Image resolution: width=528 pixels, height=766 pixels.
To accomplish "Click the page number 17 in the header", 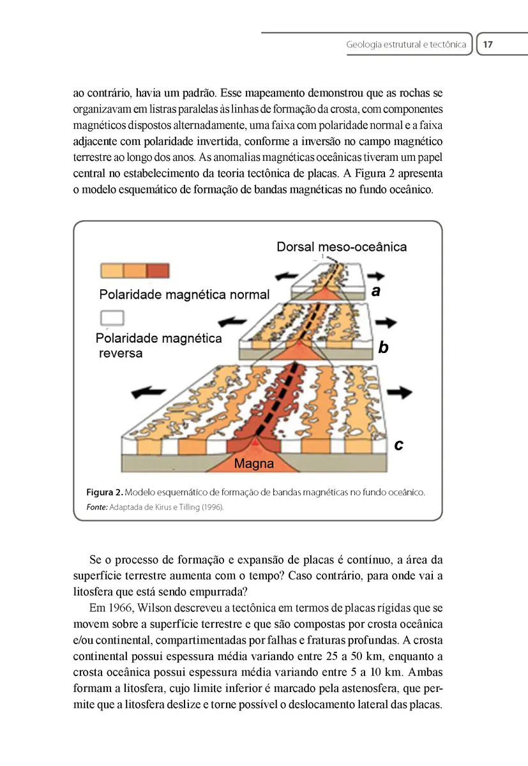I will pos(488,45).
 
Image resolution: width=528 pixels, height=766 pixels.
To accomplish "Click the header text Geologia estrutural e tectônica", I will pos(406,45).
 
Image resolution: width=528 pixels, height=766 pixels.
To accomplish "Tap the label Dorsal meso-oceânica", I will pos(342,246).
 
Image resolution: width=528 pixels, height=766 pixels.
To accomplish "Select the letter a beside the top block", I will pos(376,292).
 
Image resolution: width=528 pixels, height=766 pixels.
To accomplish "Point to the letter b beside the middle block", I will pos(384,348).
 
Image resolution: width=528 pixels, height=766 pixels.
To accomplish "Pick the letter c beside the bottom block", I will pos(398,445).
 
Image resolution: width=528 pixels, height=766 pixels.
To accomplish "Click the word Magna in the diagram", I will pos(254,464).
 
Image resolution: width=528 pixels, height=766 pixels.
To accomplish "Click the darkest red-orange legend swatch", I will pos(158,270).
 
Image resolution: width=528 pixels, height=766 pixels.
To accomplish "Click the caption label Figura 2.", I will pos(104,492).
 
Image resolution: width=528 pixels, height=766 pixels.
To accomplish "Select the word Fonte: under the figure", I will pos(97,507).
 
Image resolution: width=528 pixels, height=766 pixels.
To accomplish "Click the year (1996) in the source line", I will pos(213,507).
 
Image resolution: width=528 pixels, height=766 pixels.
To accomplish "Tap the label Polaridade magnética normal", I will pos(185,295).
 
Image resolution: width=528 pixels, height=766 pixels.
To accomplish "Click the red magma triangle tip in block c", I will pos(255,442).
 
